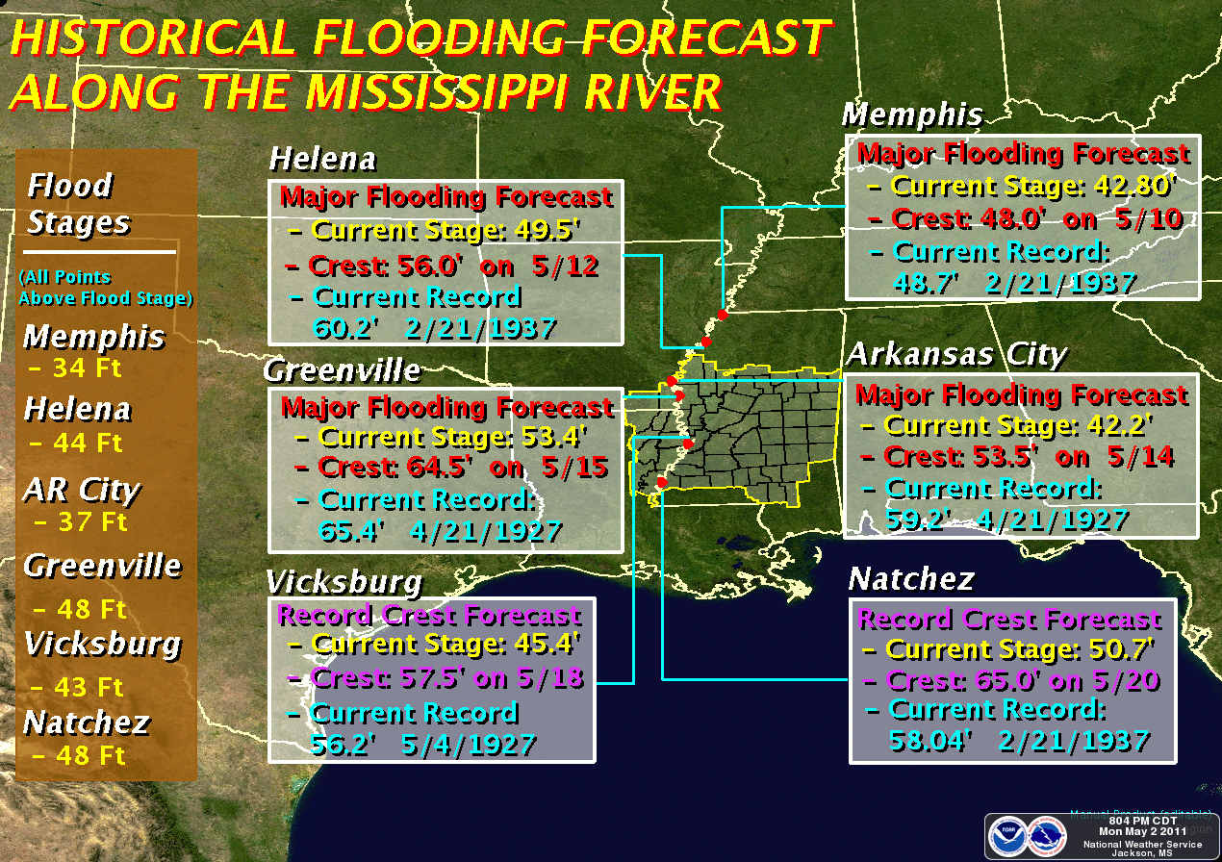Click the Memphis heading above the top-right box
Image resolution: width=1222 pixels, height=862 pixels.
point(911,115)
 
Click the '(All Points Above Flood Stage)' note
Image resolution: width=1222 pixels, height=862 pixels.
point(106,288)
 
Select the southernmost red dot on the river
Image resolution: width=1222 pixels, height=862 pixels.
point(661,483)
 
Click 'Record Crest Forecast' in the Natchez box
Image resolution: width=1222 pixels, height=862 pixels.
point(1008,619)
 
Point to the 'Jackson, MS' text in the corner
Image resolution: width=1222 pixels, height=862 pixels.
point(1142,852)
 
